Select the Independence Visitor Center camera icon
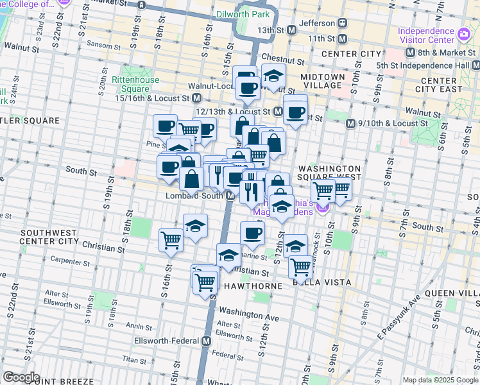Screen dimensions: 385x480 463,32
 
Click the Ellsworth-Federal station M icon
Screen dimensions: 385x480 206,341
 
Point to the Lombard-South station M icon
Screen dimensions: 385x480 229,196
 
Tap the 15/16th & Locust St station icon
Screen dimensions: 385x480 197,99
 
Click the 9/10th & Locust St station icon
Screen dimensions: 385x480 350,123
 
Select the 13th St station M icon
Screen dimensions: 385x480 291,30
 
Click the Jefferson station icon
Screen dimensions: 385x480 343,22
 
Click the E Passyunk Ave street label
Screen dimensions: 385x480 399,318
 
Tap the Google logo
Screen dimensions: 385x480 21,377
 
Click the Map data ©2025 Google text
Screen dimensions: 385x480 440,380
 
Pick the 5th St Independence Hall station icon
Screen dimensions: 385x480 476,65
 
